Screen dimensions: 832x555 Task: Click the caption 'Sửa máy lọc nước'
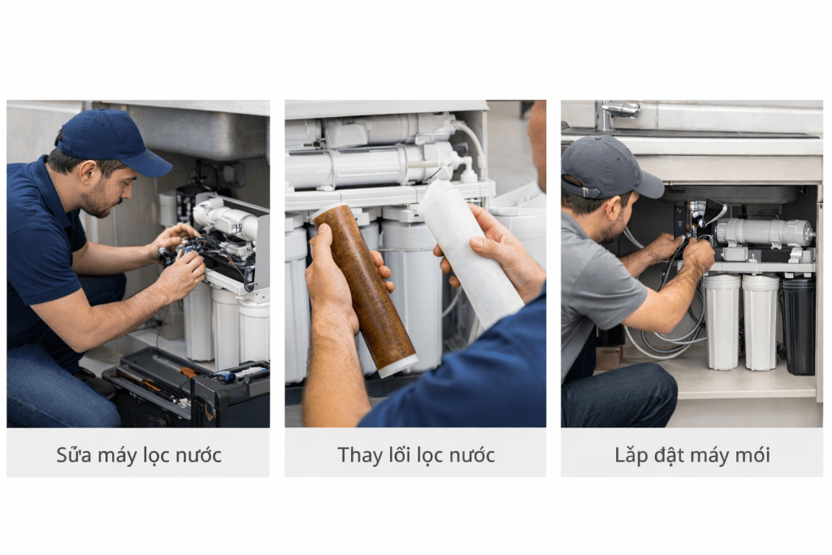(x=138, y=455)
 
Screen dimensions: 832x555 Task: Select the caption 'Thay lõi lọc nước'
(x=416, y=455)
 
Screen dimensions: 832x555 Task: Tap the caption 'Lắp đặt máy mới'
(x=692, y=455)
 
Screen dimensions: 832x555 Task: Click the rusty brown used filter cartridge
(x=364, y=290)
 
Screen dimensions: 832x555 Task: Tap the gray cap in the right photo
(x=609, y=167)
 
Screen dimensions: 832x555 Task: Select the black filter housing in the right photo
(x=799, y=326)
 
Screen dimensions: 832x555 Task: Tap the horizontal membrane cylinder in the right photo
(x=764, y=232)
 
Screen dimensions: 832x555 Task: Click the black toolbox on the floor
(x=187, y=388)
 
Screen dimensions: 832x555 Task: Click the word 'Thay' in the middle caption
(x=357, y=455)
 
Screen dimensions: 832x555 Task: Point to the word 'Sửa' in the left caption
(x=73, y=455)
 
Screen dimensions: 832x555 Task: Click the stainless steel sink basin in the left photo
(x=197, y=131)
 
